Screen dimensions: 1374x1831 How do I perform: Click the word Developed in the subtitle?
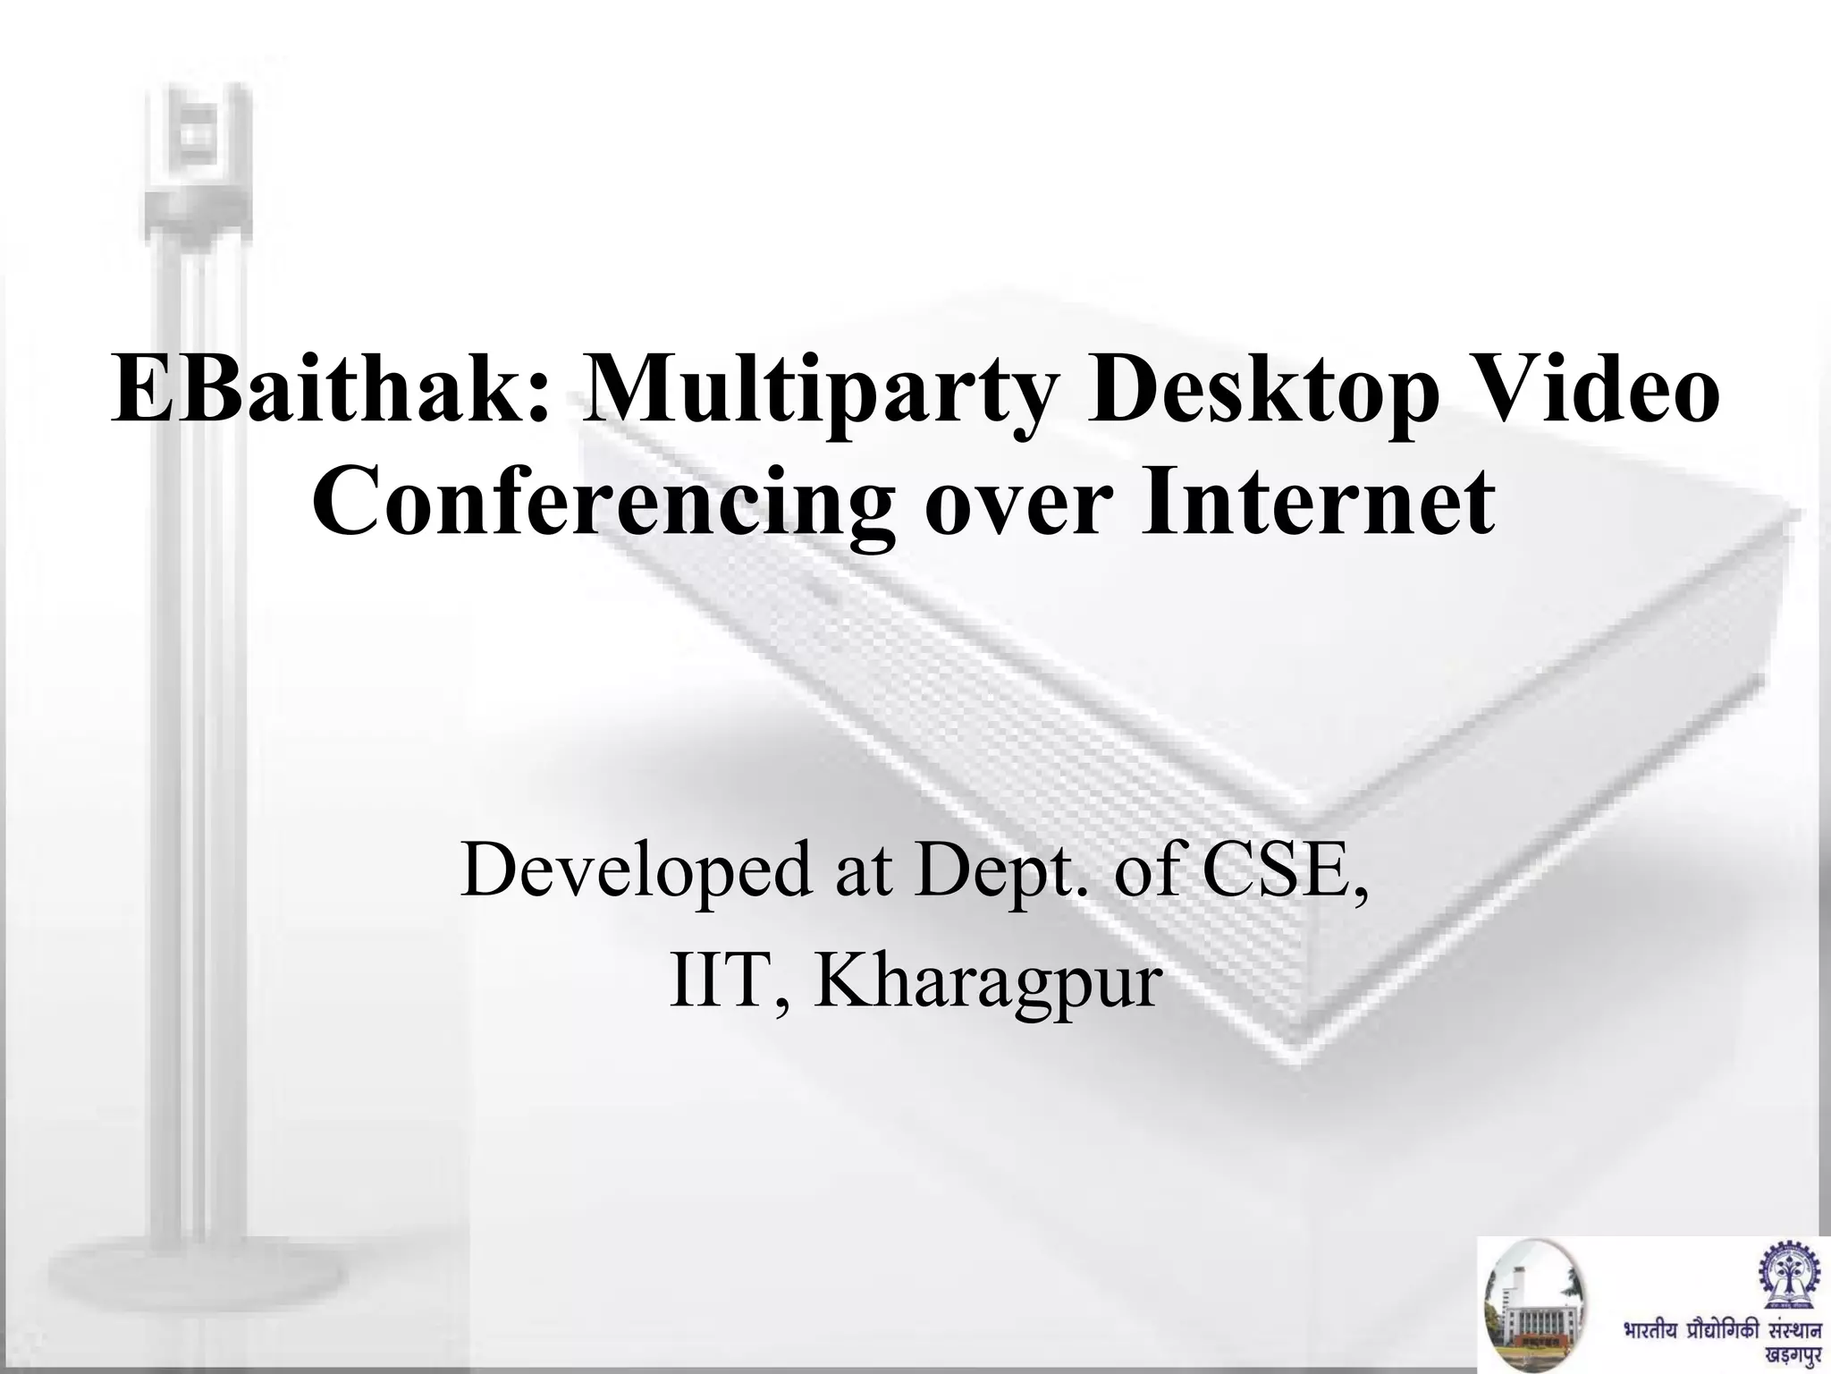tap(638, 871)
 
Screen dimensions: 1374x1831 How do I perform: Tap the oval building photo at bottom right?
tap(1533, 1307)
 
